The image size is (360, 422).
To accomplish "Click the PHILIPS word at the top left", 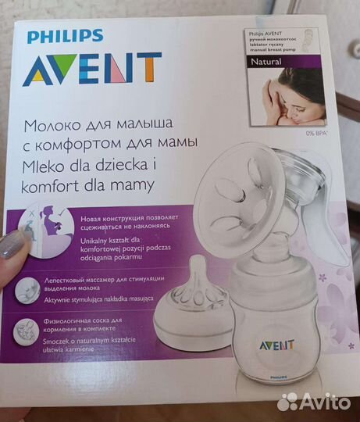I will coord(64,36).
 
